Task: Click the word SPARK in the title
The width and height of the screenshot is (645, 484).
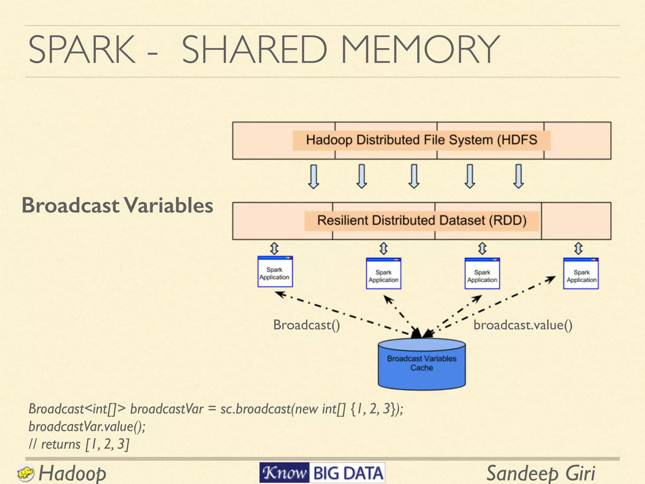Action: tap(82, 49)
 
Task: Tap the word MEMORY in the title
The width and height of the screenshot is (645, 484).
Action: tap(420, 49)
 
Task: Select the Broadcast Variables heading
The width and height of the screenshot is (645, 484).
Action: tap(117, 205)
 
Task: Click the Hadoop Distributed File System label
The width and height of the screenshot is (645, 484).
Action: tap(421, 140)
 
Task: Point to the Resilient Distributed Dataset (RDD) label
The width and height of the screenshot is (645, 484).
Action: tap(422, 220)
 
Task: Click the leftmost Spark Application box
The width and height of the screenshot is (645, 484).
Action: tap(275, 272)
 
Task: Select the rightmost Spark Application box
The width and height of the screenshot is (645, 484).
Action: tap(581, 274)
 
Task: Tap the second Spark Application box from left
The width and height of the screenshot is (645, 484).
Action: tap(383, 274)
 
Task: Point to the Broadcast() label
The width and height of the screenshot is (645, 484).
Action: tap(306, 325)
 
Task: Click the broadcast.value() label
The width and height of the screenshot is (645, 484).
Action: tap(523, 325)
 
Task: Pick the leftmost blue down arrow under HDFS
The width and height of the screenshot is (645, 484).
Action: tap(313, 176)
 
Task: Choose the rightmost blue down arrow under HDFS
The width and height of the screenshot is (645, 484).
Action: tap(518, 176)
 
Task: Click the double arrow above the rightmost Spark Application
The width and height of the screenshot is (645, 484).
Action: tap(578, 248)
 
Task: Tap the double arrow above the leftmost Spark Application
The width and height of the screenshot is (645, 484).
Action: tap(274, 248)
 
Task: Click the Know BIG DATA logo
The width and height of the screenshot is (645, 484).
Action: tap(322, 473)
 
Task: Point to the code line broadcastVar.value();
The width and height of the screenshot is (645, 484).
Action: tap(87, 426)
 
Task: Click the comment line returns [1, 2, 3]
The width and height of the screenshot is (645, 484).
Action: tap(79, 444)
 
